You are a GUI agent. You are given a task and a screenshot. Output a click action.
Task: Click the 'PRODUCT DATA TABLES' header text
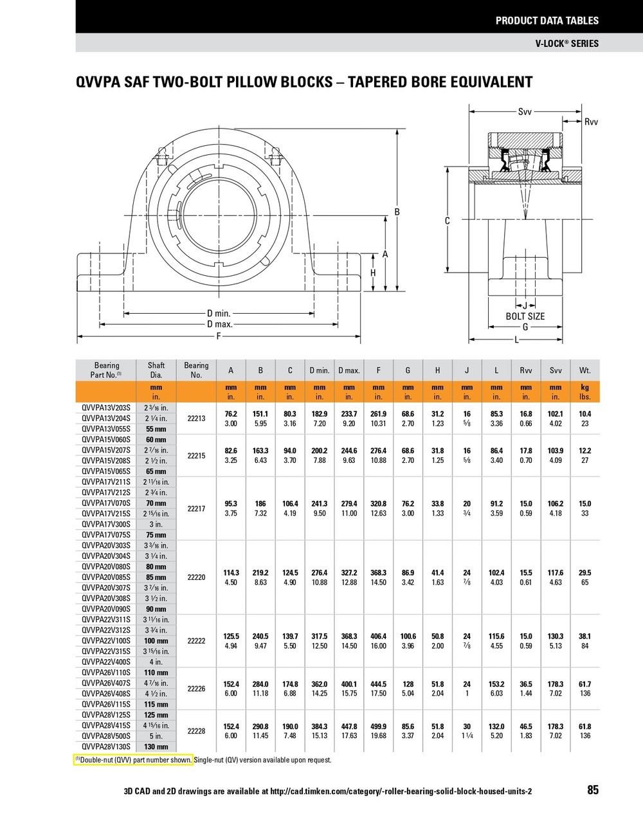tap(547, 21)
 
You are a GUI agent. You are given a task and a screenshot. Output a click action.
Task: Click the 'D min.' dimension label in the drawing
tap(219, 314)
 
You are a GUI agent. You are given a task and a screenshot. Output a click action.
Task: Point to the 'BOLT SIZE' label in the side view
tap(525, 316)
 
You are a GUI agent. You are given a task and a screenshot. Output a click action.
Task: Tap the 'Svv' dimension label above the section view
tap(525, 112)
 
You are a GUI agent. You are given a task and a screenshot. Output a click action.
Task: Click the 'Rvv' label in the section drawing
tap(590, 122)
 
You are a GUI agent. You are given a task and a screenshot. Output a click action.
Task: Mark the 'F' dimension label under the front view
tap(219, 336)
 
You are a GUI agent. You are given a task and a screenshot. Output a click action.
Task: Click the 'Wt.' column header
tap(584, 370)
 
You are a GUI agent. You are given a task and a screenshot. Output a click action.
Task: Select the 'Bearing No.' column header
tap(196, 370)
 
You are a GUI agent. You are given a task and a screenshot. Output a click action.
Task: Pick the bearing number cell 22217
tap(196, 509)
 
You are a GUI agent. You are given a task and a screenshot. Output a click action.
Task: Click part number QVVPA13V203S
tap(106, 408)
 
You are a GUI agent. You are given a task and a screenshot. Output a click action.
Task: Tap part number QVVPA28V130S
tap(106, 746)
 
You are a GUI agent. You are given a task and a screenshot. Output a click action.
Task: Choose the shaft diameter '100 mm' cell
tap(156, 641)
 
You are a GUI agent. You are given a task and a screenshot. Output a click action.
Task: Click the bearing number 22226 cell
tap(196, 689)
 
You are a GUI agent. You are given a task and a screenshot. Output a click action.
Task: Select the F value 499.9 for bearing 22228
tap(378, 727)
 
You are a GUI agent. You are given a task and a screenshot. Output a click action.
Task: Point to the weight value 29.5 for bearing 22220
tap(584, 572)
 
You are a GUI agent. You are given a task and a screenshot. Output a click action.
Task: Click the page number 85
tap(592, 790)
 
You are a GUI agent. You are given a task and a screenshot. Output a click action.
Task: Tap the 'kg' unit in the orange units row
tap(584, 388)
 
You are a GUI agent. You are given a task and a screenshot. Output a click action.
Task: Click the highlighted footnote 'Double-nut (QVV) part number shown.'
tap(134, 760)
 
